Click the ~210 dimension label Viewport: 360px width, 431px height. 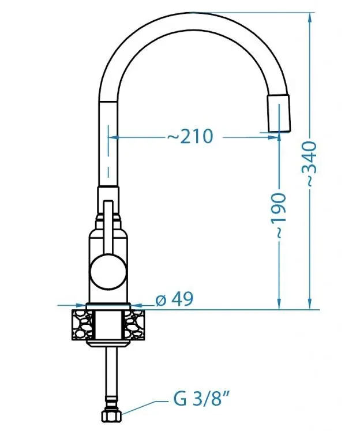[190, 137]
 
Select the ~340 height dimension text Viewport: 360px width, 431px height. [311, 163]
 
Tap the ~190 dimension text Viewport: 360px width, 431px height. [279, 215]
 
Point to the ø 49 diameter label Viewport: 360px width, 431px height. [175, 299]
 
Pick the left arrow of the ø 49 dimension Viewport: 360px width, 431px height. [81, 305]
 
